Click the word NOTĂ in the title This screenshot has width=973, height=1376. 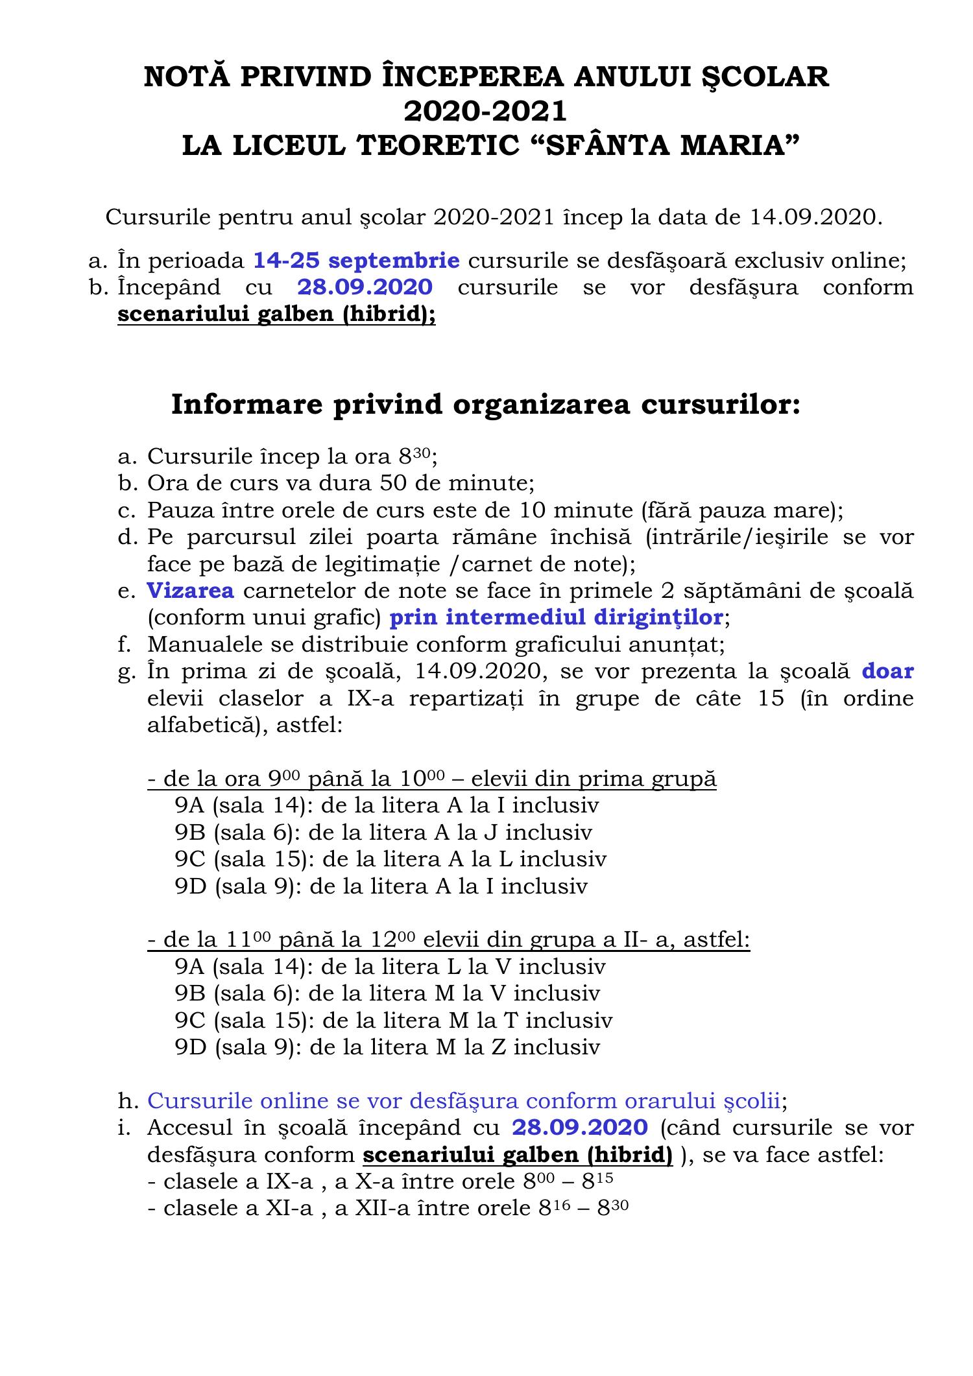(x=187, y=77)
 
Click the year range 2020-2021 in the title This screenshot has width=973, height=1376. (x=485, y=112)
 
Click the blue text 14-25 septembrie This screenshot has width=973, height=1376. (x=356, y=261)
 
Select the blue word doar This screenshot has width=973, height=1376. (x=887, y=671)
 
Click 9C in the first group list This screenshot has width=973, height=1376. (x=190, y=859)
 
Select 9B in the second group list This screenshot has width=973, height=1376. (x=189, y=993)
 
